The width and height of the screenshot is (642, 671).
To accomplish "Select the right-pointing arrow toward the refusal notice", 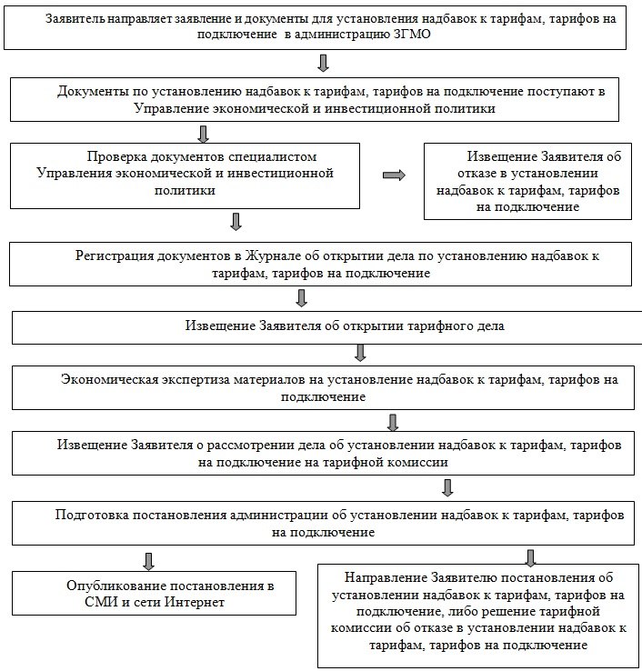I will (x=394, y=175).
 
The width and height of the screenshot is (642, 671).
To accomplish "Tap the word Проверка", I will (x=115, y=157).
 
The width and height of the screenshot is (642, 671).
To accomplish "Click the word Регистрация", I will (x=116, y=256).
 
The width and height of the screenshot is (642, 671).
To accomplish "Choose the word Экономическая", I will (x=109, y=381).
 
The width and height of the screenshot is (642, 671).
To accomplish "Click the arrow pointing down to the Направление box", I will (x=529, y=556).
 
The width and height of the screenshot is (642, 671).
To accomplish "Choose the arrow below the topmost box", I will (x=322, y=62).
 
